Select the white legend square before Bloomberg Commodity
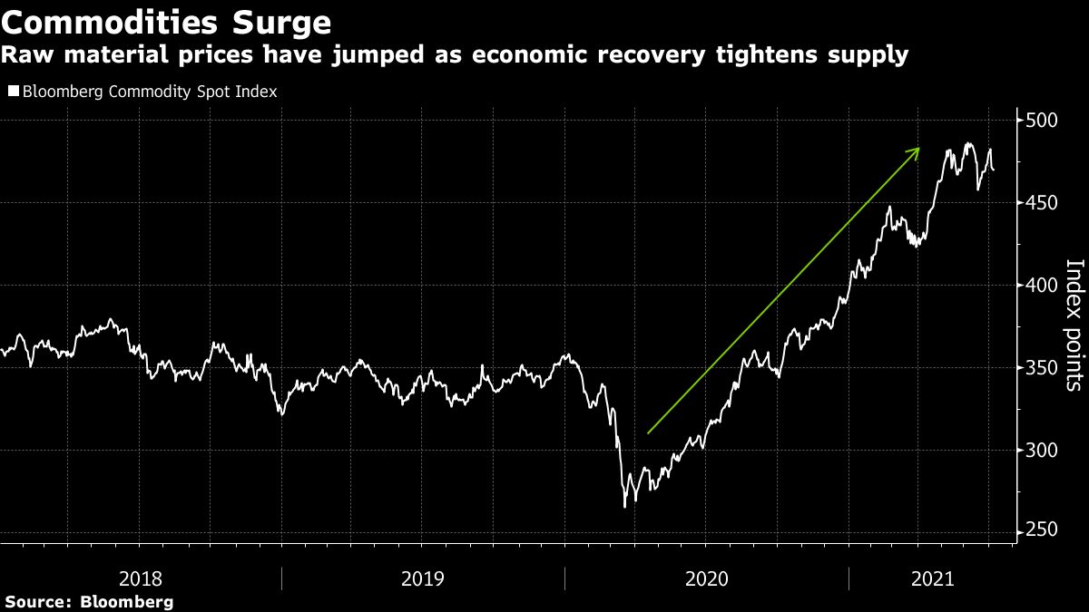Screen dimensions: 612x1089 (x=13, y=92)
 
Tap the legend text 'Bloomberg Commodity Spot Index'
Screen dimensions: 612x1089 (x=149, y=92)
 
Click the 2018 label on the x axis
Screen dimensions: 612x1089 (x=140, y=578)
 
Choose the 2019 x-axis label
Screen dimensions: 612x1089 (x=423, y=578)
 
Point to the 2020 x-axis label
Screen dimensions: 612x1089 (x=706, y=578)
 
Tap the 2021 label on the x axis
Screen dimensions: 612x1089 (x=930, y=578)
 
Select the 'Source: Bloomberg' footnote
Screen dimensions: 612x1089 (x=89, y=602)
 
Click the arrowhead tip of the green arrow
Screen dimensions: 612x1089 (x=920, y=148)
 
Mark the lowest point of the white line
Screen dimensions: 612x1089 (x=624, y=507)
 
